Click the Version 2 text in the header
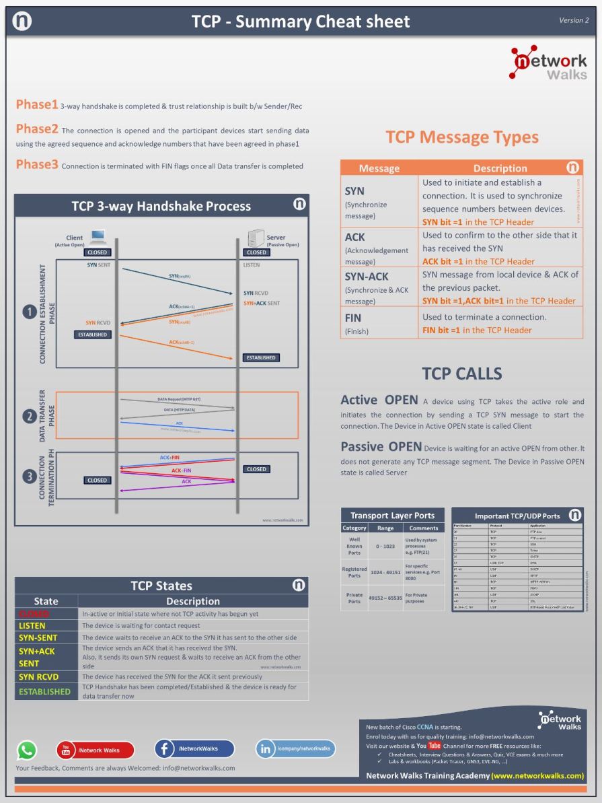pos(573,20)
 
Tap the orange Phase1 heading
pos(37,105)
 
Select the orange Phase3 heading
pos(37,164)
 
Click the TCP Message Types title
pos(461,137)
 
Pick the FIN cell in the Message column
pos(353,322)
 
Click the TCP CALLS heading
pos(461,374)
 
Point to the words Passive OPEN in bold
pos(381,447)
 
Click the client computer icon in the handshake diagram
pos(98,236)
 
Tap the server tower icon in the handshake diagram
pos(256,238)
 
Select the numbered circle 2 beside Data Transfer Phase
pos(29,417)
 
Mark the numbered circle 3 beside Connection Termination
pos(29,477)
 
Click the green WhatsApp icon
pos(27,750)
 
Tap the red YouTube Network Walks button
pos(95,750)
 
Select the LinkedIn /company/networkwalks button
pos(295,748)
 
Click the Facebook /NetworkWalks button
pos(194,748)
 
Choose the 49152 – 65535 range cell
pos(385,598)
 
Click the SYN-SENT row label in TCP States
pos(38,637)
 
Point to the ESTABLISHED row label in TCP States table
pos(44,691)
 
